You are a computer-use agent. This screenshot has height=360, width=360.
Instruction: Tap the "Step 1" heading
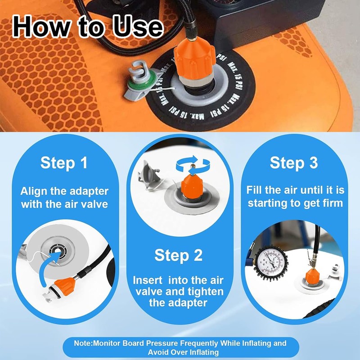[64, 162]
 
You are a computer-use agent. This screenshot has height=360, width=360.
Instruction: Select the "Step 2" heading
[179, 255]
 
